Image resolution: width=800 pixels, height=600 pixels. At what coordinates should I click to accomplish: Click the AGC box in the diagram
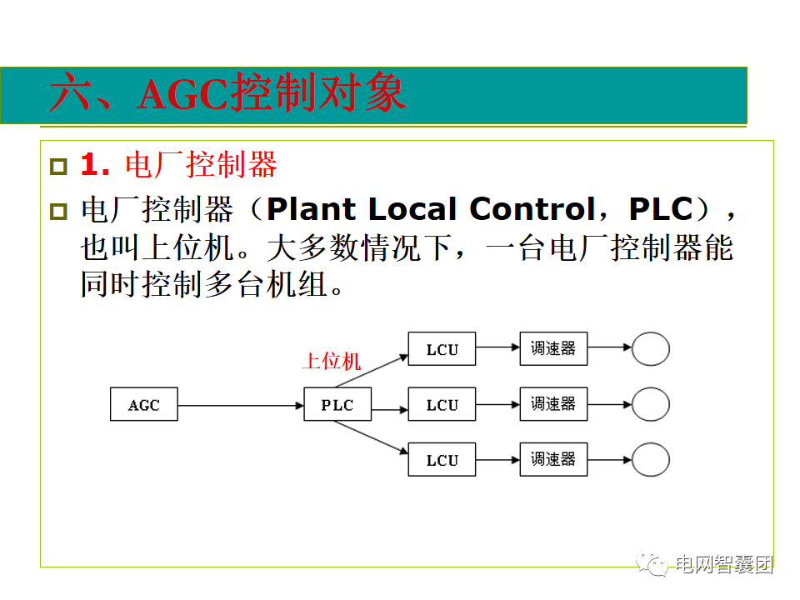click(143, 406)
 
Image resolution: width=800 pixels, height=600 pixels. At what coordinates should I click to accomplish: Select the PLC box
click(337, 406)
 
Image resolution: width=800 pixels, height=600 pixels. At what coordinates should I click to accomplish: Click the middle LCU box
click(442, 406)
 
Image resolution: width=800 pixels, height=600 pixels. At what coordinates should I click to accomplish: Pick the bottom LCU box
click(442, 460)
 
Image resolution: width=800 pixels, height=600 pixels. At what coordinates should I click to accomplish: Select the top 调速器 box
click(553, 349)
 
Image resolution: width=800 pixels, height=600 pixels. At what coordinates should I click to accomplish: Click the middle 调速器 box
click(553, 405)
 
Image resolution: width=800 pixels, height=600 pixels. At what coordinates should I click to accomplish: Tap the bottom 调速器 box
click(553, 460)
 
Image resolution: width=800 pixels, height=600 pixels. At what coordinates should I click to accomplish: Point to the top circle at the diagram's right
click(650, 349)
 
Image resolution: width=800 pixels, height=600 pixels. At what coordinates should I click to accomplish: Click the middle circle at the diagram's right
click(650, 405)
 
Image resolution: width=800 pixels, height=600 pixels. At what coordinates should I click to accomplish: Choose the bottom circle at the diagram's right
click(650, 460)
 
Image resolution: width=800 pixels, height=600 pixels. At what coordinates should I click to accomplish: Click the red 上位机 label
click(332, 361)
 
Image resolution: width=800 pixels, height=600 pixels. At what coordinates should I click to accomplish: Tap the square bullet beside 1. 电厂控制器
click(57, 166)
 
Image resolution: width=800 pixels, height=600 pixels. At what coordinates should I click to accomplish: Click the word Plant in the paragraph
click(311, 208)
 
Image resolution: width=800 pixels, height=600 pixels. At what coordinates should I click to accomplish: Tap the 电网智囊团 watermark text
click(723, 564)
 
